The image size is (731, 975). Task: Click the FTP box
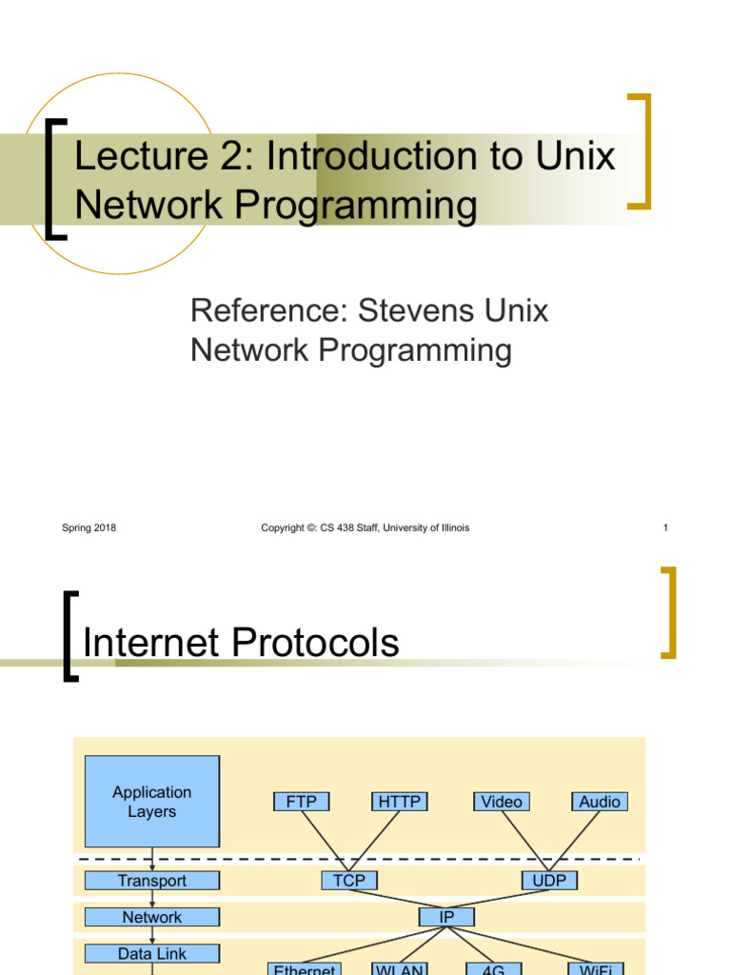point(301,802)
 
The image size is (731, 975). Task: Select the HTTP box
point(399,802)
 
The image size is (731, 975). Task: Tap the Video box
point(501,802)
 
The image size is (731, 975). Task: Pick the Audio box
point(600,802)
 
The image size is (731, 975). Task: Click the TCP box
point(349,881)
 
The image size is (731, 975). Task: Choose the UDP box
point(549,881)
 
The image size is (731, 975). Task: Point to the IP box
point(446,917)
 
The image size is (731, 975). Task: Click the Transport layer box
point(151,881)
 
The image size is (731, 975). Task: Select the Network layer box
point(151,917)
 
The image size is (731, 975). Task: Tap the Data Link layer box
point(151,953)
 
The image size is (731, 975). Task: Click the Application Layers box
point(151,802)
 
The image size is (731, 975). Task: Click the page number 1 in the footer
point(665,527)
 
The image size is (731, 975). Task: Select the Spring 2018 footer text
point(89,527)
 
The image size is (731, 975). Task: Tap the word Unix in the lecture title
point(574,157)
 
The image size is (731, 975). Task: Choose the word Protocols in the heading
point(318,644)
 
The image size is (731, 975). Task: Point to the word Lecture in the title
point(128,157)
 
